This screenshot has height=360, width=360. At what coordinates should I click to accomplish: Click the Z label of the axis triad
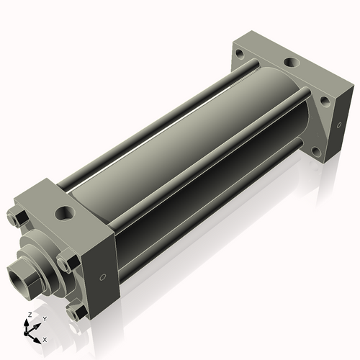[x=30, y=315]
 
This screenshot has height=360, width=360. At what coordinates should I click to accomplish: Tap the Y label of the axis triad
[x=45, y=319]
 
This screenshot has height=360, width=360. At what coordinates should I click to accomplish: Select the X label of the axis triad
[x=45, y=340]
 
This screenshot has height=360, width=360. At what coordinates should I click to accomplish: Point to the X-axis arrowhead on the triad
[x=37, y=341]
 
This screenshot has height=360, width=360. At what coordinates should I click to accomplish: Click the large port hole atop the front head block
[x=65, y=213]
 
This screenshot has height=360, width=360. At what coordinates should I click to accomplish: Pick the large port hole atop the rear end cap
[x=292, y=63]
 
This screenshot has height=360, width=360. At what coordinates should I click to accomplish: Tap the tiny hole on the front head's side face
[x=103, y=277]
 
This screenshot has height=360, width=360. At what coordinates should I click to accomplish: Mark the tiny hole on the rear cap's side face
[x=339, y=125]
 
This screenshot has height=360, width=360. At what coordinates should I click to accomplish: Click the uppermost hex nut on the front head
[x=17, y=217]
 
